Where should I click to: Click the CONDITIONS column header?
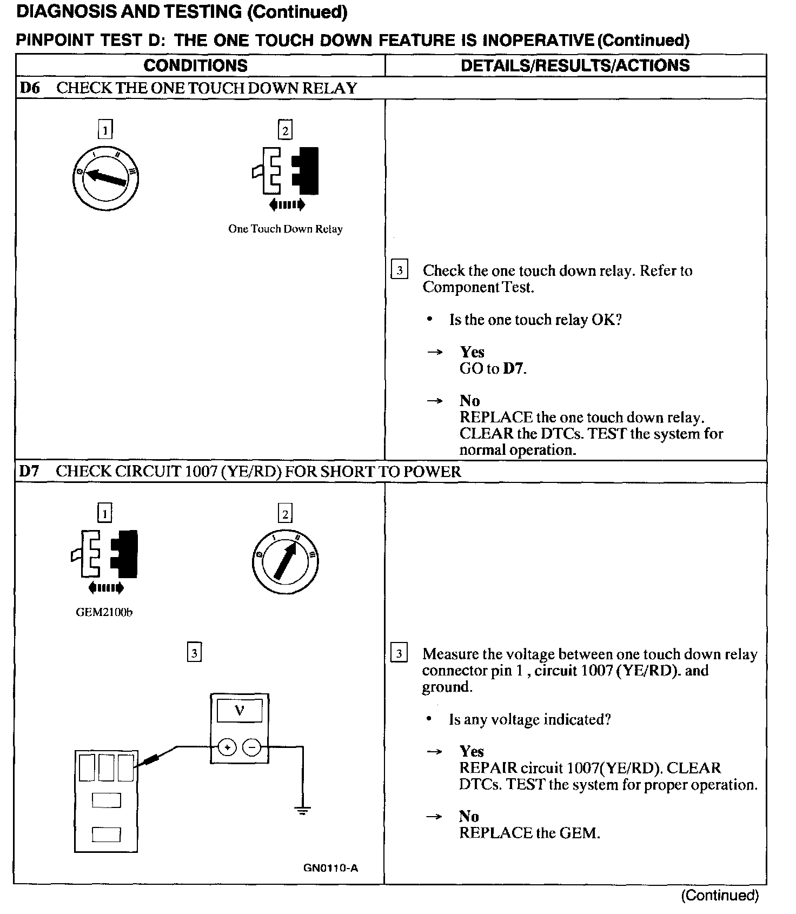tap(195, 65)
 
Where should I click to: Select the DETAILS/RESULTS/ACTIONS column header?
tap(575, 65)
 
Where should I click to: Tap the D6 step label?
tap(30, 88)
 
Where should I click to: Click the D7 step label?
tap(29, 471)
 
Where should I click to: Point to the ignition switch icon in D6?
tap(106, 178)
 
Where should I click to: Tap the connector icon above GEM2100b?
tap(105, 554)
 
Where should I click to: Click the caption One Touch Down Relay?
tap(285, 229)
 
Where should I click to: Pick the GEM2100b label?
tap(104, 612)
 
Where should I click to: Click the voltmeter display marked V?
tap(239, 711)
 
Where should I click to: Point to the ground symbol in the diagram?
tap(302, 810)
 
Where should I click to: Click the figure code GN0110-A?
tap(330, 868)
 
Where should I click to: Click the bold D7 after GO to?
tap(514, 369)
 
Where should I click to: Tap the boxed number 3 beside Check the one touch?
tap(399, 269)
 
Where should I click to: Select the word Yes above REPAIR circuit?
tap(472, 751)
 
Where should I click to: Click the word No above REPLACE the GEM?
tap(469, 816)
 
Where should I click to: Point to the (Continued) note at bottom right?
tap(720, 895)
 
